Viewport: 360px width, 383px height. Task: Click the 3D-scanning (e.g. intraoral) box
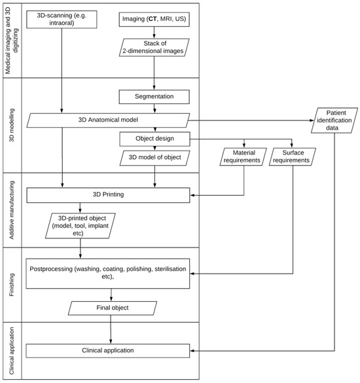coord(62,21)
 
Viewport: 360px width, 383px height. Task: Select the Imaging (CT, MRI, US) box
coord(153,21)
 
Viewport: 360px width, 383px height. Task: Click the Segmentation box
coord(154,96)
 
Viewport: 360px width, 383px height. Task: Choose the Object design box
coord(154,138)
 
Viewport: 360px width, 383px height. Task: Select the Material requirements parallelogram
coord(243,156)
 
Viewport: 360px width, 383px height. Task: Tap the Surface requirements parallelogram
coord(292,156)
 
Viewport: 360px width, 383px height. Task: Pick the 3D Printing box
coord(109,194)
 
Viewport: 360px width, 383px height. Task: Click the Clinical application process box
coord(109,350)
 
